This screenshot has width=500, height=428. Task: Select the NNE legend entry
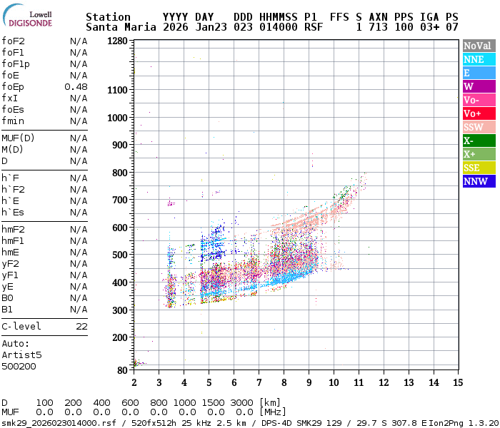tap(478, 59)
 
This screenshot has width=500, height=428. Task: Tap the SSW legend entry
tap(478, 127)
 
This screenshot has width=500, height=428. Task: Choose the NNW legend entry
tap(478, 181)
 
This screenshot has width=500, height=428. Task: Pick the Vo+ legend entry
tap(478, 113)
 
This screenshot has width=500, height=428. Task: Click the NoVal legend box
tap(478, 46)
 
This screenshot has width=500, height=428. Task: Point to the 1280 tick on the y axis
tap(117, 41)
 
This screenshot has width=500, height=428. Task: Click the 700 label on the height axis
tap(119, 200)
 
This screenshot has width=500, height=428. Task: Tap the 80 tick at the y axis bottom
tap(122, 370)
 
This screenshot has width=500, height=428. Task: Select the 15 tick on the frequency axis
tap(458, 382)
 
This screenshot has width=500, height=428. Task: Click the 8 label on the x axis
tap(284, 382)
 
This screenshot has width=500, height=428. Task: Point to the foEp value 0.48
tap(76, 87)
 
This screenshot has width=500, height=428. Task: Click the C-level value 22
tap(81, 326)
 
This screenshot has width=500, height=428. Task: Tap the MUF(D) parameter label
tap(17, 138)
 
